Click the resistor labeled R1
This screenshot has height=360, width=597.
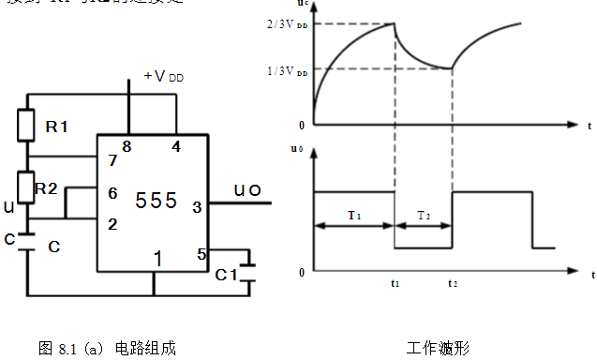27,125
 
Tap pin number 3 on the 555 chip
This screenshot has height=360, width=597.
197,207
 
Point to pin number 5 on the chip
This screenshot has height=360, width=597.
200,253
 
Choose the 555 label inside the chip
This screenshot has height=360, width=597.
157,201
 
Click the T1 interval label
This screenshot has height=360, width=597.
354,215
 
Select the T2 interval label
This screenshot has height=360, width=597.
424,215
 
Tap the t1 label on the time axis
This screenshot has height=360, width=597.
395,282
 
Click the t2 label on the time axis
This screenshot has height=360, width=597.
453,282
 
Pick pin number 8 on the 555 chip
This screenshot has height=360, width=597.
126,145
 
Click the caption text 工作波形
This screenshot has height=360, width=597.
438,348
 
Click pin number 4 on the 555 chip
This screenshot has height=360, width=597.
176,145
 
